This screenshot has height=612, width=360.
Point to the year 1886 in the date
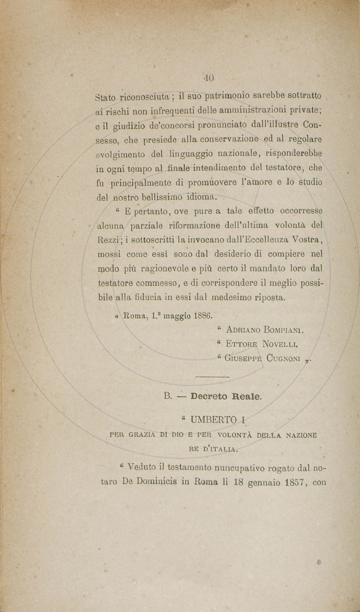(x=203, y=314)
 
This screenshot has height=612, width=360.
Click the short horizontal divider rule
(x=211, y=377)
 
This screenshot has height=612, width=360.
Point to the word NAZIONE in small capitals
(x=297, y=435)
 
